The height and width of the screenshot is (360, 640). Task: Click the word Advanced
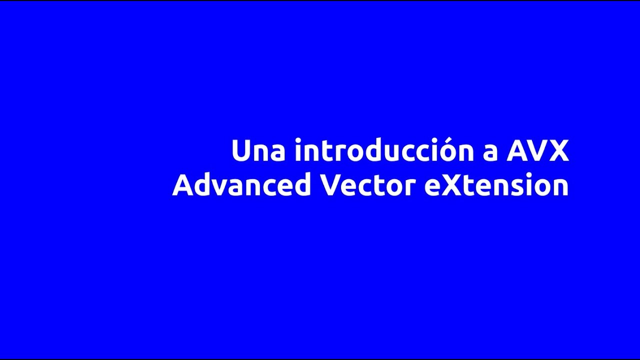(241, 185)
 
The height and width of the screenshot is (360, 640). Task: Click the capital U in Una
(240, 150)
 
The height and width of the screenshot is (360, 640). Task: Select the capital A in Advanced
(182, 185)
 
